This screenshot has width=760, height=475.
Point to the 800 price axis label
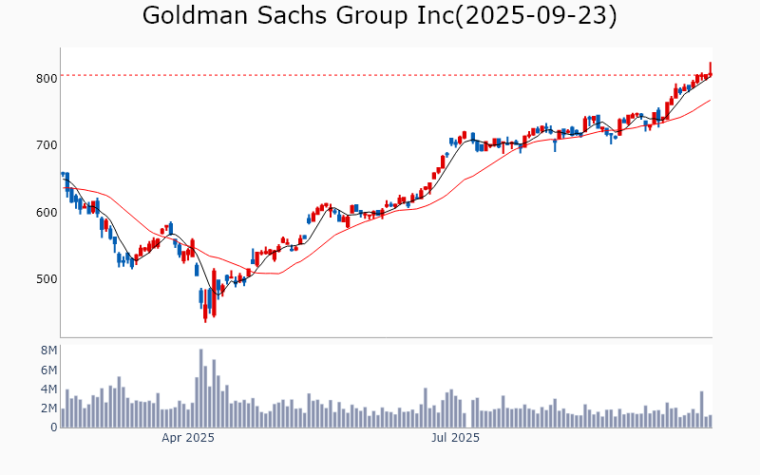[x=47, y=78]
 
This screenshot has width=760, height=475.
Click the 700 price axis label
[x=47, y=145]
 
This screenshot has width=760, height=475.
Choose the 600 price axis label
[x=47, y=212]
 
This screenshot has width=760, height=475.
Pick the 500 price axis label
[x=47, y=279]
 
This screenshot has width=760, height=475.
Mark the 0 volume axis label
[x=54, y=427]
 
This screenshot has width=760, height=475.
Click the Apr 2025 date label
[x=187, y=438]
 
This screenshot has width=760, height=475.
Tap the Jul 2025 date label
[x=455, y=438]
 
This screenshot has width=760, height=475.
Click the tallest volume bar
[x=201, y=389]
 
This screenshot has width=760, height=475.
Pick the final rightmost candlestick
[x=710, y=69]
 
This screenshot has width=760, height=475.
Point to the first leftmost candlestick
[x=63, y=174]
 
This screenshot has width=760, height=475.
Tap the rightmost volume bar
[x=710, y=421]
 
